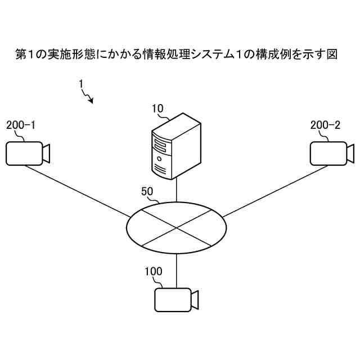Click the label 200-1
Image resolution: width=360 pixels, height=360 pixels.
point(21,125)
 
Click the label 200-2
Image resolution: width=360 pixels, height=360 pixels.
point(325,125)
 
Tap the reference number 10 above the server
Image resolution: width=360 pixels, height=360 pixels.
point(157,108)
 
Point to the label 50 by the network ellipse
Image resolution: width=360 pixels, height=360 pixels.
point(147,191)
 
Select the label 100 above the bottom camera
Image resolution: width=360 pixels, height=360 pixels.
point(153,272)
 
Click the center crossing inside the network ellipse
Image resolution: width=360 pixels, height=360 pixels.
point(177,227)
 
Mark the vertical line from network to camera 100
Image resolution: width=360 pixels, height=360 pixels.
point(177,271)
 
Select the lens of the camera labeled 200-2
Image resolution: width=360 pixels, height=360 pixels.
point(350,152)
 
